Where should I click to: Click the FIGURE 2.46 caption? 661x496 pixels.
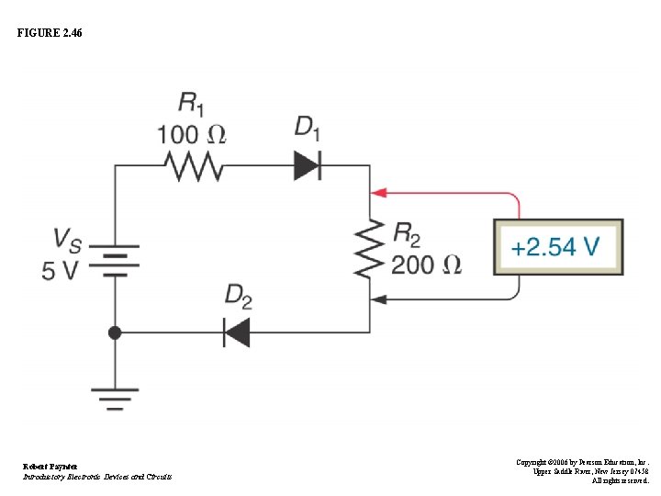point(49,33)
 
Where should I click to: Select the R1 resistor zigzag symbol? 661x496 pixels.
point(194,166)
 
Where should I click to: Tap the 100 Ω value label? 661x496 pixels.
point(190,134)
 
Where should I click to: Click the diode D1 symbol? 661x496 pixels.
point(307,166)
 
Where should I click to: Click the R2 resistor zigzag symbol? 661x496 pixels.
point(370,247)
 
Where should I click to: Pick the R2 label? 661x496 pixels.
point(407,233)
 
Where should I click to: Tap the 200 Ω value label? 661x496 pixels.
point(426,265)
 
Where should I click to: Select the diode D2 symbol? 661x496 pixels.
point(237,332)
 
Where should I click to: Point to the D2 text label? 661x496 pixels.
point(238,296)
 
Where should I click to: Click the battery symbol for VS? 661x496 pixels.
point(115,260)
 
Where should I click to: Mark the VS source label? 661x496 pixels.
point(66,241)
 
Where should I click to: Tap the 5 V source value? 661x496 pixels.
point(60,271)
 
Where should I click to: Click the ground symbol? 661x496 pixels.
point(115,397)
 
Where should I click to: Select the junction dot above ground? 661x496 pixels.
point(115,333)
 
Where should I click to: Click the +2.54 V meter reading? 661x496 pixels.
point(557,247)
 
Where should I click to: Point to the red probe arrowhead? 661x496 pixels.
point(377,193)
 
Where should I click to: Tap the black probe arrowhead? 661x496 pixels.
point(377,299)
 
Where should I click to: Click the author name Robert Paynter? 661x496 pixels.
point(50,467)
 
